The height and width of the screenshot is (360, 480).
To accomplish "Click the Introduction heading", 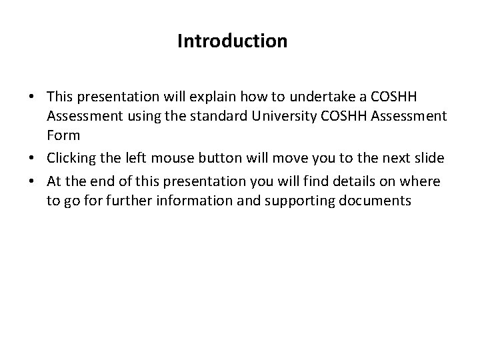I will [233, 41].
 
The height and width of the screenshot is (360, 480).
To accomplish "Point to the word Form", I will [63, 135].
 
